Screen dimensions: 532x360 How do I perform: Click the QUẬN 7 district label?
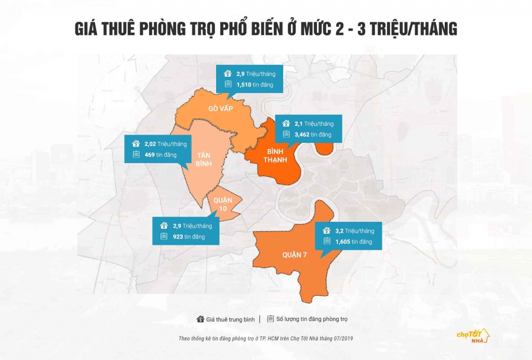tap(296, 255)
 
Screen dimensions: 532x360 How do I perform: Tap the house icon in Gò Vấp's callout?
tap(227, 74)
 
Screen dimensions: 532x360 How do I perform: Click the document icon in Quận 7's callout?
tap(327, 242)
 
